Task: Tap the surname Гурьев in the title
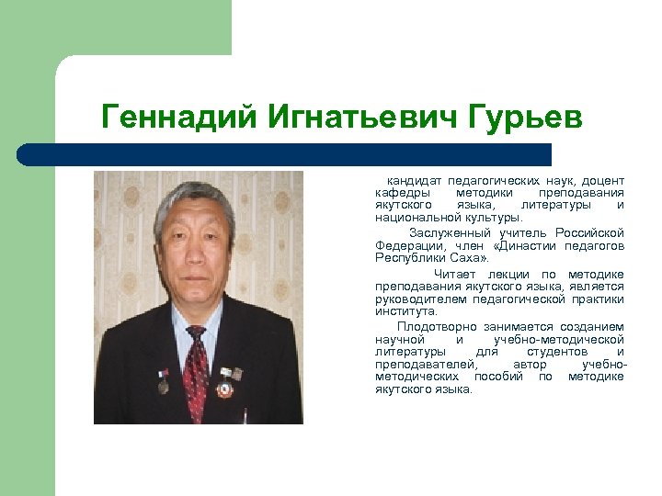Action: click(x=525, y=117)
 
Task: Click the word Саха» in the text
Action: click(x=469, y=259)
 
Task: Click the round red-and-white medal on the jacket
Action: click(x=224, y=389)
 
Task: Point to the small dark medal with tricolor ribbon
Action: click(x=163, y=383)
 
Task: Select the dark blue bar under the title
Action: click(x=285, y=154)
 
